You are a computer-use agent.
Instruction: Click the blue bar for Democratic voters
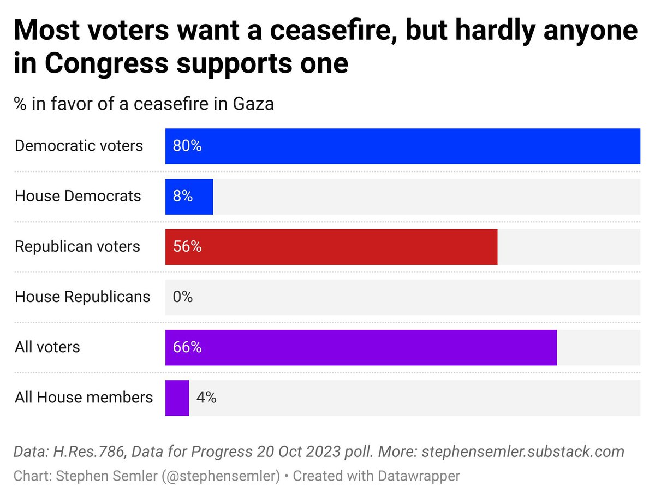pos(402,146)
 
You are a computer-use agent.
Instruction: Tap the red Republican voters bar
pos(331,247)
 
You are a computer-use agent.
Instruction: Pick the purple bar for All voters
pos(361,347)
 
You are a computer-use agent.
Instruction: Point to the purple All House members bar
pos(177,398)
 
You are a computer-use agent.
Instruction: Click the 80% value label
pos(187,146)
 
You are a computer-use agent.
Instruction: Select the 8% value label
pos(183,197)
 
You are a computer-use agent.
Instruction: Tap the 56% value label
pos(187,247)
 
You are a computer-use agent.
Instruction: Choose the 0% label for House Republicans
pos(183,297)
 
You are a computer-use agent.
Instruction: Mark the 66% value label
pos(187,347)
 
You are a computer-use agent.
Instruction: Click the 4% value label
pos(206,398)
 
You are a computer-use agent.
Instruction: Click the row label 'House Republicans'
pos(82,297)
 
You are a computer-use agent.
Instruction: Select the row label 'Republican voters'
pos(78,247)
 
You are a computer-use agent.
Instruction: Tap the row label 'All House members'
pos(84,398)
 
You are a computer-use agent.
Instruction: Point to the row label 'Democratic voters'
pos(79,146)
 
